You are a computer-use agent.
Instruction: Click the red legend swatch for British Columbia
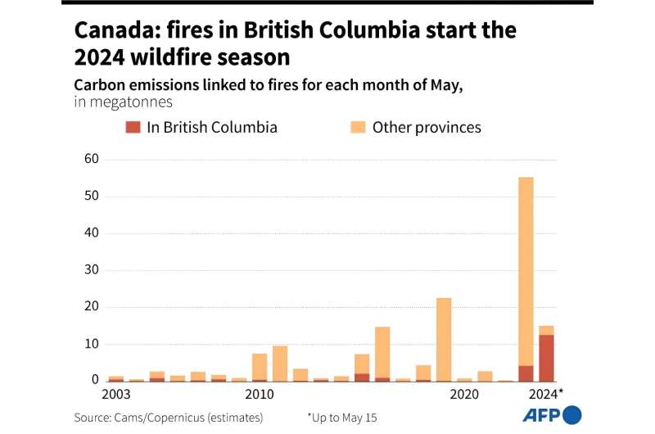point(133,127)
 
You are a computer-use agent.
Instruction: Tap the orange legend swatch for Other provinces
point(358,127)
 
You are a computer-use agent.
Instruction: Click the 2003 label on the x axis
point(116,395)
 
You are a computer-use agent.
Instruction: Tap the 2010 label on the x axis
point(260,395)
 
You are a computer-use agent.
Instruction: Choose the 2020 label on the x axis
point(464,395)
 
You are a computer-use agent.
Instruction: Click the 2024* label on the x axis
point(546,395)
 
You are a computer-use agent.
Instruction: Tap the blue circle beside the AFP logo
point(572,415)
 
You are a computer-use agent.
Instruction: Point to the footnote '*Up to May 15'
point(342,418)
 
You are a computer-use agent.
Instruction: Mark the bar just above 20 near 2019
point(444,339)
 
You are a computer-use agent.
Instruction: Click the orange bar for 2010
point(260,366)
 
